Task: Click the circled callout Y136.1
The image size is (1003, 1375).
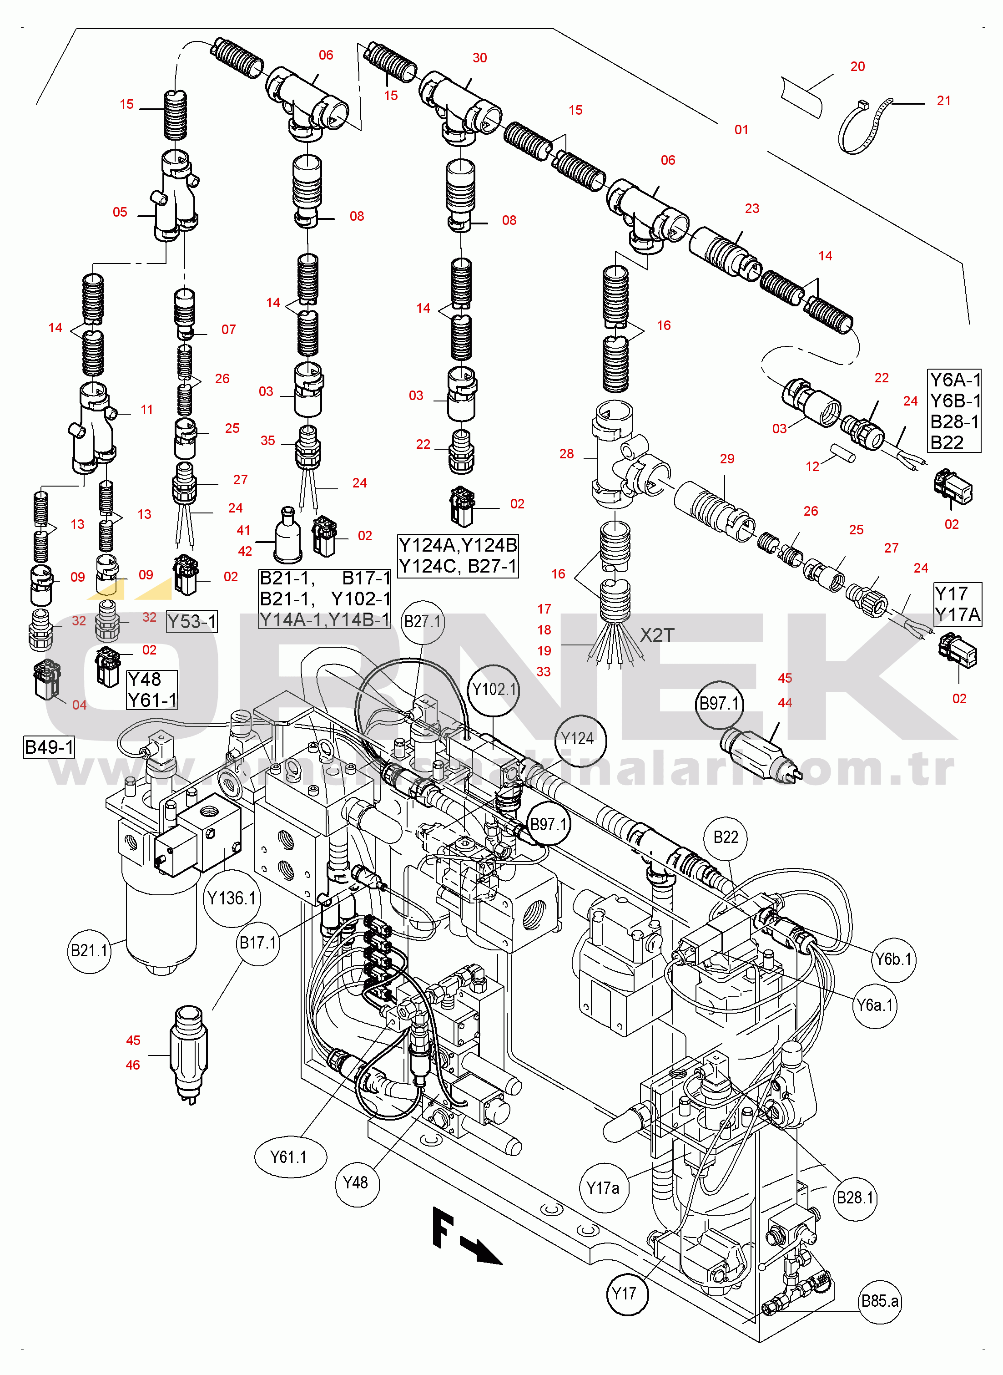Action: [232, 898]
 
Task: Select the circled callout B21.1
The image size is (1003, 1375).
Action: [89, 950]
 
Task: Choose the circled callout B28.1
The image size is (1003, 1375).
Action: [855, 1197]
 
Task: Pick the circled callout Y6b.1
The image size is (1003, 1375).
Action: [893, 959]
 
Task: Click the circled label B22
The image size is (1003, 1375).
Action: [726, 837]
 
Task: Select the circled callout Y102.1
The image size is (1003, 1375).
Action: [494, 690]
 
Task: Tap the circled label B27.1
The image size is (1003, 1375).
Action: [423, 621]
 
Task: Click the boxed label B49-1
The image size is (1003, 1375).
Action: [49, 746]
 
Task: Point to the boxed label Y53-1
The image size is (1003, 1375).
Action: [192, 621]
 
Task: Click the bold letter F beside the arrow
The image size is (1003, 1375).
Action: [443, 1227]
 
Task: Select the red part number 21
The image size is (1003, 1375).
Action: [943, 101]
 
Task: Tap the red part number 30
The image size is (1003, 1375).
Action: [479, 58]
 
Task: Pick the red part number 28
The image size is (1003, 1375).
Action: [566, 454]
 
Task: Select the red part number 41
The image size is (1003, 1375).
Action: [243, 530]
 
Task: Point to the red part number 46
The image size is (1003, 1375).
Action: [133, 1065]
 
